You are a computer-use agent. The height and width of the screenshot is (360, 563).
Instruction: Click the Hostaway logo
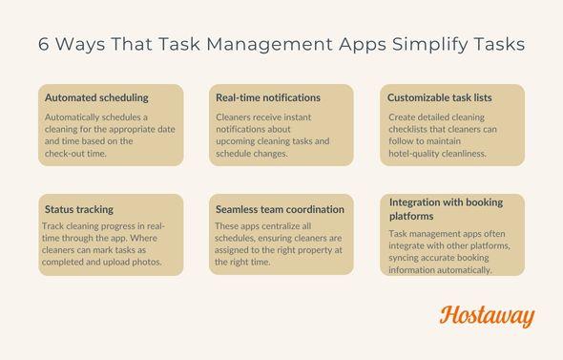(487, 317)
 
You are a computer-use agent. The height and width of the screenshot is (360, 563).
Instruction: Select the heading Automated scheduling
(96, 97)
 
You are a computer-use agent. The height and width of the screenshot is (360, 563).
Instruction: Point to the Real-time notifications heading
(268, 97)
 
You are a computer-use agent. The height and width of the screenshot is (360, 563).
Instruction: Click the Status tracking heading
(78, 209)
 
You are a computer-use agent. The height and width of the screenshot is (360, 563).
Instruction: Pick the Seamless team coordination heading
(280, 209)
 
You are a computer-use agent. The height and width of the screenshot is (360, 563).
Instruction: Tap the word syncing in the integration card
(407, 258)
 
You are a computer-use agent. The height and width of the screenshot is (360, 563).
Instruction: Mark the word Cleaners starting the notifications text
(236, 116)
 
